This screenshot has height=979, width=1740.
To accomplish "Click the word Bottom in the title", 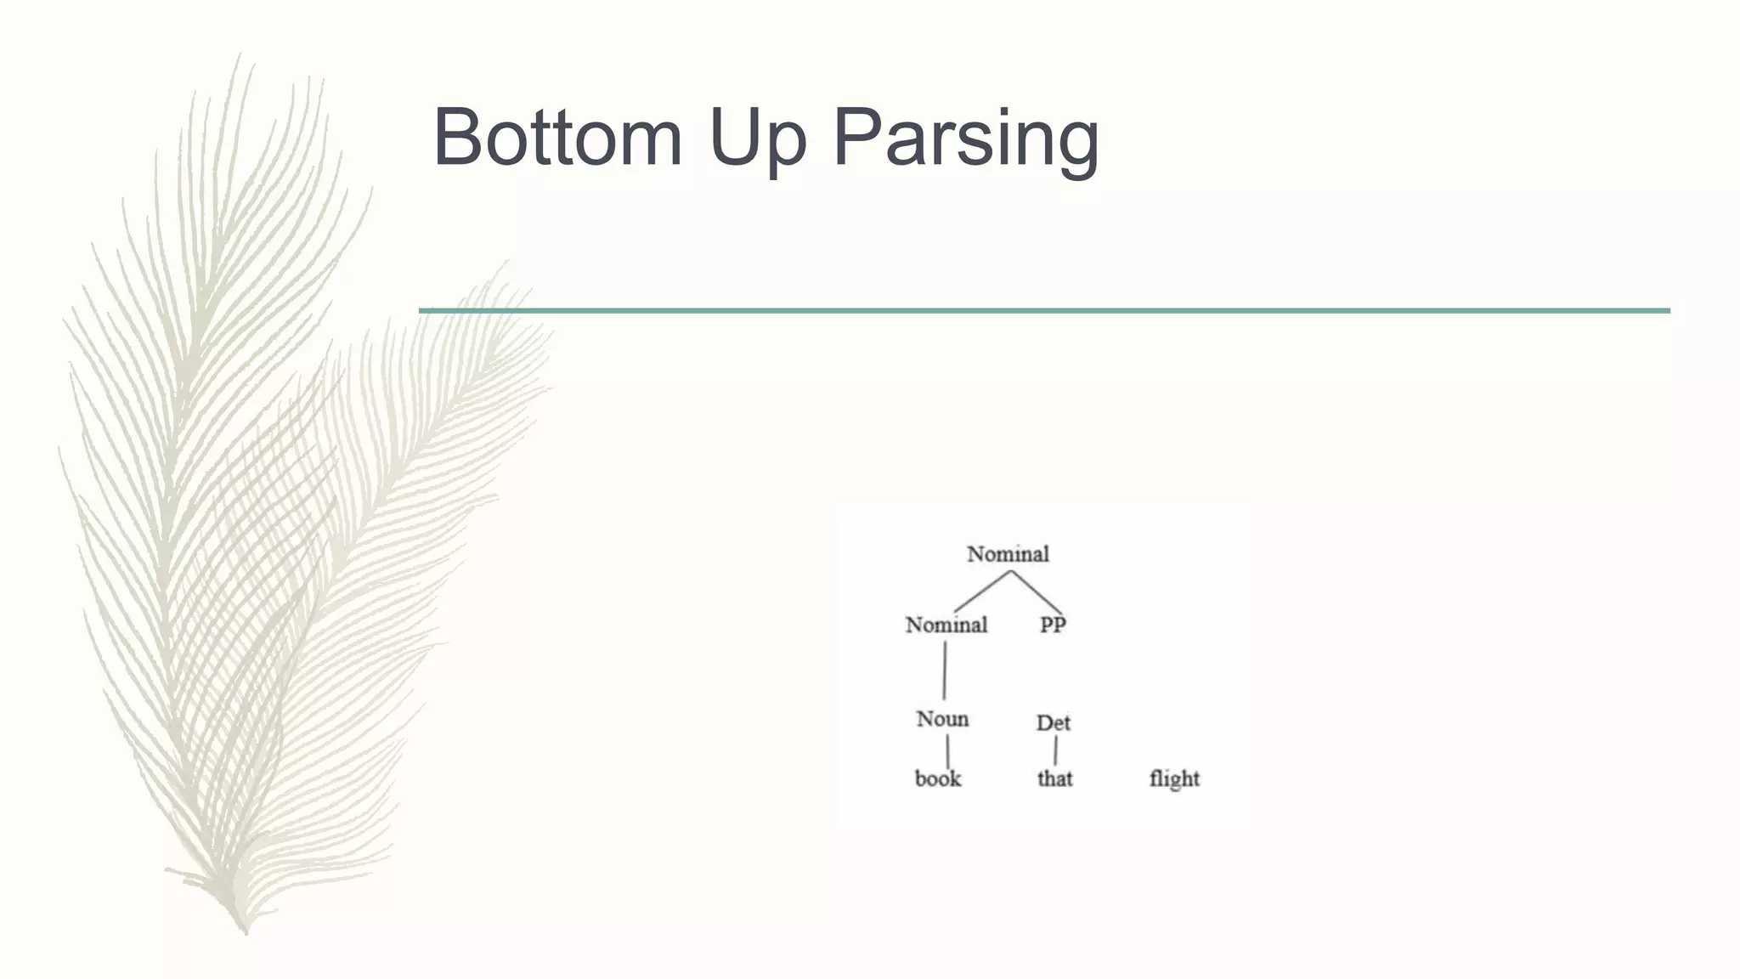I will pyautogui.click(x=557, y=137).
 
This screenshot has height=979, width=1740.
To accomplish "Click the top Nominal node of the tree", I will pyautogui.click(x=1008, y=554).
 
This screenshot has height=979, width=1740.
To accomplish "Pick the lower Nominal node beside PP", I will pyautogui.click(x=946, y=625).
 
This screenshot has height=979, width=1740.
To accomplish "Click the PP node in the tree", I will pyautogui.click(x=1053, y=625).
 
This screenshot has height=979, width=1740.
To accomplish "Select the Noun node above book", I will pyautogui.click(x=942, y=719).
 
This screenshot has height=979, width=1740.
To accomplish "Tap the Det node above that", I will pyautogui.click(x=1053, y=723).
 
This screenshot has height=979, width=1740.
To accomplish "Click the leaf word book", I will pyautogui.click(x=937, y=778).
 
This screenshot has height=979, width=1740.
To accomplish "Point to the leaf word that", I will pyautogui.click(x=1054, y=778).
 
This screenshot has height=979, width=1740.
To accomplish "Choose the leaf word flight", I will pyautogui.click(x=1174, y=778).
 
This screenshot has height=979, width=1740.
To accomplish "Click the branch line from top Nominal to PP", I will pyautogui.click(x=1037, y=591).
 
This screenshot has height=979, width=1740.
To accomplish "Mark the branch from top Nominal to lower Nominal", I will pyautogui.click(x=982, y=591).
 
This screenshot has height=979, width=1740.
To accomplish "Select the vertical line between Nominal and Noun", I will pyautogui.click(x=945, y=671).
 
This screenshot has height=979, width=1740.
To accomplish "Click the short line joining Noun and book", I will pyautogui.click(x=947, y=751).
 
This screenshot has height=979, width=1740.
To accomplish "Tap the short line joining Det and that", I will pyautogui.click(x=1055, y=750).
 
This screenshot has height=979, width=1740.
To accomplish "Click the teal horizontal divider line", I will pyautogui.click(x=1044, y=311).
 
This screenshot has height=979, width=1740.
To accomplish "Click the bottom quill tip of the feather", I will pyautogui.click(x=246, y=931).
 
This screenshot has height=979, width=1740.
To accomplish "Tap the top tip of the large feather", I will pyautogui.click(x=239, y=56).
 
